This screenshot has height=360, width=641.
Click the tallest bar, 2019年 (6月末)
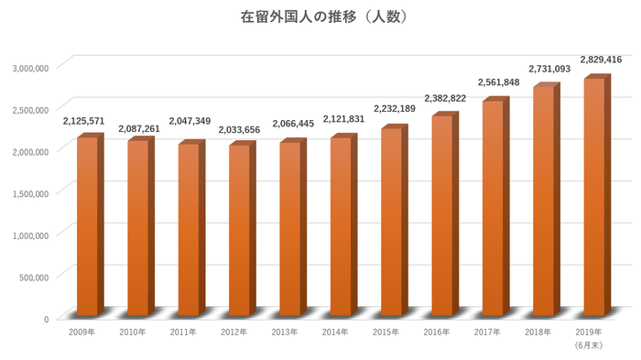coord(594,197)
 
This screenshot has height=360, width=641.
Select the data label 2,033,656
coord(239,130)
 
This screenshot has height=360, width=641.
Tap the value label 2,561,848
coord(499,82)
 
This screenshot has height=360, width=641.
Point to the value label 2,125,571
coord(83,121)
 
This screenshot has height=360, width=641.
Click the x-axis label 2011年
coord(183,332)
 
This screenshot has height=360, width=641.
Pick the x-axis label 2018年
coord(538,332)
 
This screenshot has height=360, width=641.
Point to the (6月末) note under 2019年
coord(589,344)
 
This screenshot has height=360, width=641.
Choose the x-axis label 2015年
coord(386,332)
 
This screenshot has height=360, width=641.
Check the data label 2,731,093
coord(549,69)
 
